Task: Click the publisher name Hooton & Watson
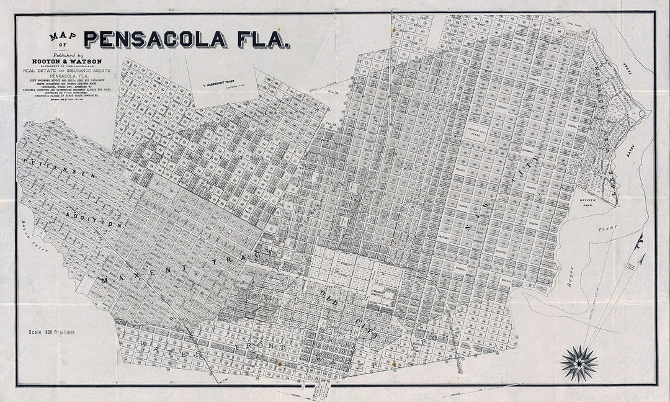coord(68,61)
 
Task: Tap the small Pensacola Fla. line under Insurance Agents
coord(68,78)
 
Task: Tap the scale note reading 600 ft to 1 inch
coord(52,333)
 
